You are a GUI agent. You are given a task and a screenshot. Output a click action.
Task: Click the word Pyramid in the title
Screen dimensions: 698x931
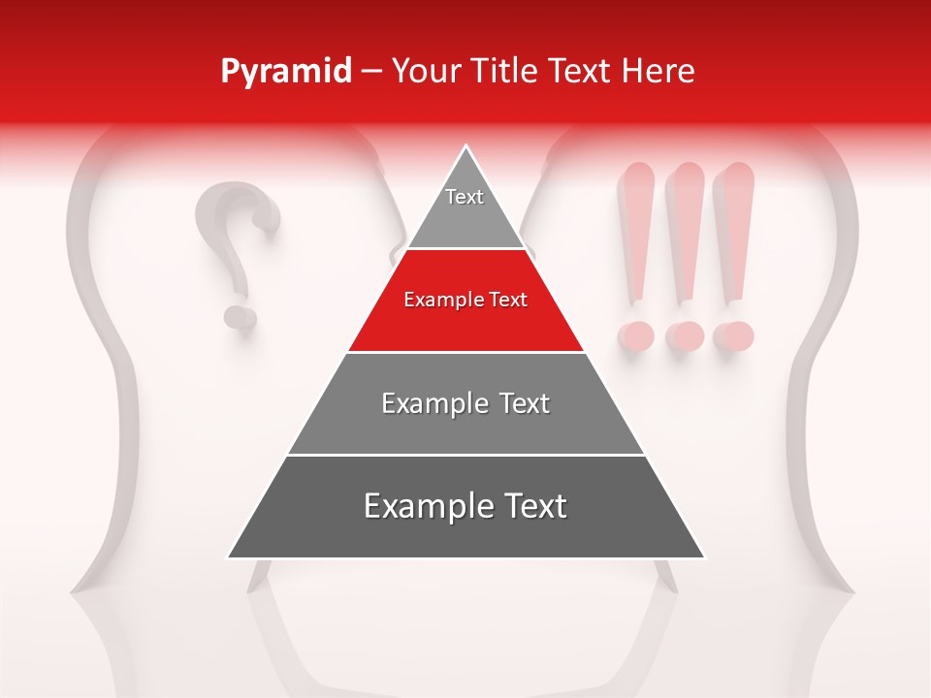point(286,72)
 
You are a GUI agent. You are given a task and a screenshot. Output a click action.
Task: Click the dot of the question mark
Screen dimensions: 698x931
point(239,316)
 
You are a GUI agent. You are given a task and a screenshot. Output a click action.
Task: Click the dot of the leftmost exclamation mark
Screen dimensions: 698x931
point(636,336)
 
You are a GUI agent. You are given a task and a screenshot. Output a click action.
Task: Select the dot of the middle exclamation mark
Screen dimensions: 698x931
point(685,336)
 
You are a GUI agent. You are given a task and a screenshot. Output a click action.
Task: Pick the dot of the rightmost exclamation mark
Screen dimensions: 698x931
point(733,336)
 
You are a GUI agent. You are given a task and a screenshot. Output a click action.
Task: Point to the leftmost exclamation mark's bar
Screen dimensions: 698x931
point(637,233)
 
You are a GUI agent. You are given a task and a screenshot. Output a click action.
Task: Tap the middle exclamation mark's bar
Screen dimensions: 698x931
point(687,233)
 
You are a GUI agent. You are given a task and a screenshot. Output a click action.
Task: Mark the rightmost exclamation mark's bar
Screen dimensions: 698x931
point(734,233)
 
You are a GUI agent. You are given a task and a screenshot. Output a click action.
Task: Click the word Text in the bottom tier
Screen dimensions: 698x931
point(531,507)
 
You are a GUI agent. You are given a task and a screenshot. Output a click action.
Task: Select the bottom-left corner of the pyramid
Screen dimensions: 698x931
point(230,556)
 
